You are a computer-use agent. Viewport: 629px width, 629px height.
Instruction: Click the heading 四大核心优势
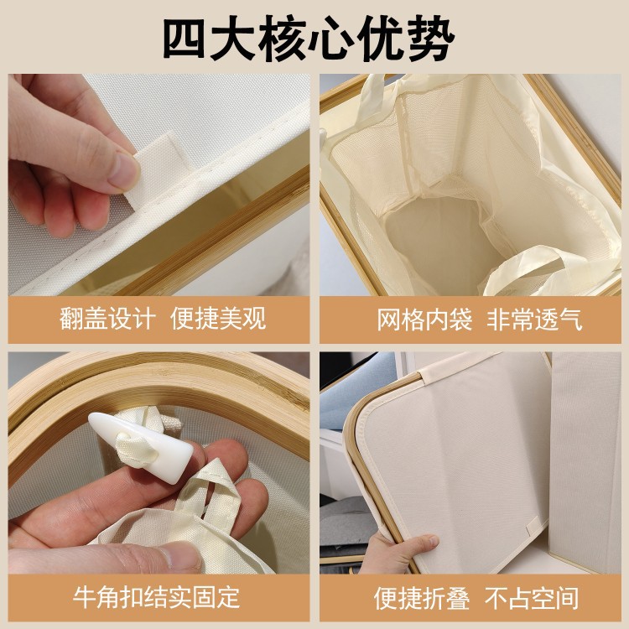(x=309, y=39)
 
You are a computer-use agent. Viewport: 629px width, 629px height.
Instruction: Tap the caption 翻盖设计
(x=107, y=320)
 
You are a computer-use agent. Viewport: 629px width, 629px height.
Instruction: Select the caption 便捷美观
(x=218, y=320)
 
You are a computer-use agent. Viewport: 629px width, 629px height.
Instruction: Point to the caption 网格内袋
(x=424, y=320)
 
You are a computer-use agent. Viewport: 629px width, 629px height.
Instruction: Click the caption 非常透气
(x=534, y=320)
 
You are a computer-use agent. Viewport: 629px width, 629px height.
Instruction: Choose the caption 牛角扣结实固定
(x=157, y=597)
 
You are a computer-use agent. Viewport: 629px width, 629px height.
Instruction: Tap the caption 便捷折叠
(x=422, y=598)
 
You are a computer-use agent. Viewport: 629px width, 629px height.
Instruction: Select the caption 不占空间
(x=532, y=598)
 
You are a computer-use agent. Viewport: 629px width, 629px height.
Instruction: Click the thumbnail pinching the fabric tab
(x=122, y=170)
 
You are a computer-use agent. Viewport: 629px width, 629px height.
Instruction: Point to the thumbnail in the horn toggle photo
(x=180, y=554)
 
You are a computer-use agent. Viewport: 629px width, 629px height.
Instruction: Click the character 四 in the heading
(x=185, y=39)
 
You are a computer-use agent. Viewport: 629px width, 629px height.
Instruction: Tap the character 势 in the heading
(x=433, y=39)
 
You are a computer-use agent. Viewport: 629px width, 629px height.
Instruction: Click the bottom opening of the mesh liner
(x=437, y=232)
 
